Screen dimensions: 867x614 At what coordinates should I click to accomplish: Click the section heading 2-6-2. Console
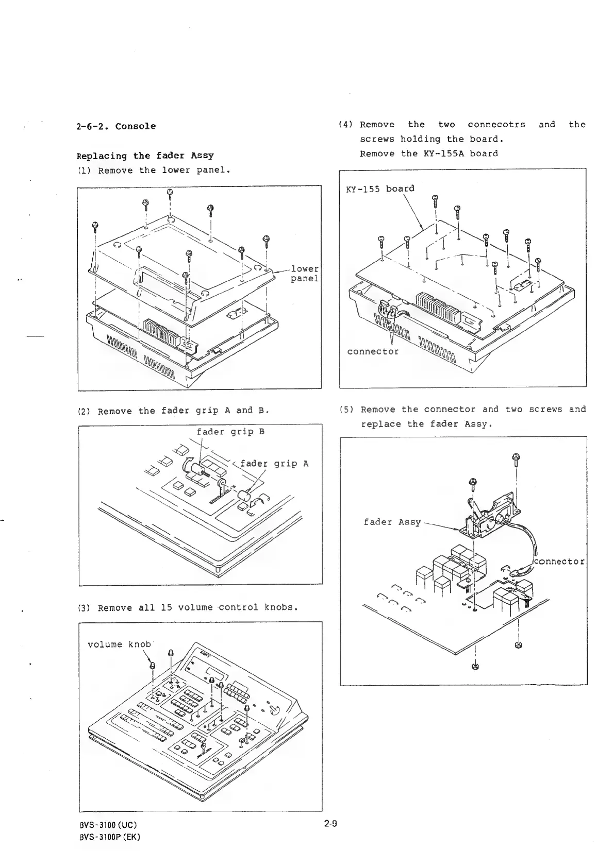116,127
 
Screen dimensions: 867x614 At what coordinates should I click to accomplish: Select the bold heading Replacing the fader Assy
145,156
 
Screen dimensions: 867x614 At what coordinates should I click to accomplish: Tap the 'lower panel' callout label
305,274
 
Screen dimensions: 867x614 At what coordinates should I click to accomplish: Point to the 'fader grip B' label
230,432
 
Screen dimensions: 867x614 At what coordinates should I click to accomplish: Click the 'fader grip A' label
274,464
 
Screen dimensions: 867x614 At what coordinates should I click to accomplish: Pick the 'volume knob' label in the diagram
119,644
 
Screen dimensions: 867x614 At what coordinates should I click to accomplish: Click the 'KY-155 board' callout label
380,189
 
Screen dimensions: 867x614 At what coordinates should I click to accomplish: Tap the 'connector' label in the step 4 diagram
373,351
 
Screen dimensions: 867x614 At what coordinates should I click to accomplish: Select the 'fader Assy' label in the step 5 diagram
392,522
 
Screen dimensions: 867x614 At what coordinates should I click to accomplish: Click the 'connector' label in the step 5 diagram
560,561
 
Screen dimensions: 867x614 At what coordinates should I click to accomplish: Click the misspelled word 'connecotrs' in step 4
496,125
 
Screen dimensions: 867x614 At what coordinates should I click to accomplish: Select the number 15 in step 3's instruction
167,607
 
